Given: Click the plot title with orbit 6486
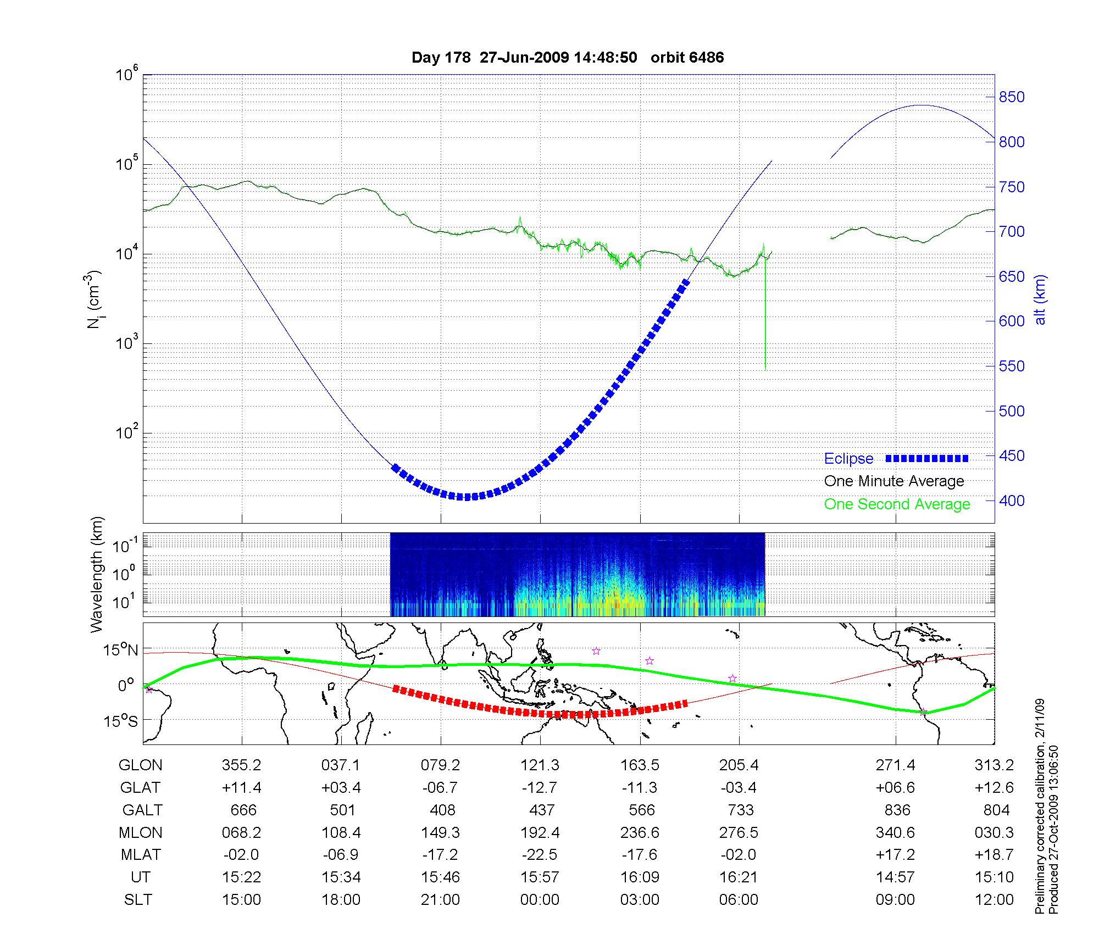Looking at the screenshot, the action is [x=568, y=58].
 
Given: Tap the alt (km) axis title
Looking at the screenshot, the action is [x=1040, y=300].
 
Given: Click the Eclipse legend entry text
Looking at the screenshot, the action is [x=848, y=459].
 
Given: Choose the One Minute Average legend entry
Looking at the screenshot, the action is [x=894, y=481].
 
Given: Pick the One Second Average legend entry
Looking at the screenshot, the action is [x=897, y=504].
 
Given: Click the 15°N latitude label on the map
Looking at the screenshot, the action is [x=120, y=650].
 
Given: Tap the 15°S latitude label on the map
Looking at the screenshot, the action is [x=120, y=720].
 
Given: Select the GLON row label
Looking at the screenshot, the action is [x=141, y=765].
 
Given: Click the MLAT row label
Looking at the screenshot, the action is [x=141, y=855].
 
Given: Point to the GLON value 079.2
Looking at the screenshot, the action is [x=441, y=765].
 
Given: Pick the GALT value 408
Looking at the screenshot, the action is [x=443, y=810].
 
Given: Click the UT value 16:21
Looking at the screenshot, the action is [x=739, y=877].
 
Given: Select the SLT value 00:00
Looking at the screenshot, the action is [x=540, y=900].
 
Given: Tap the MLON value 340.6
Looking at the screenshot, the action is [x=895, y=833].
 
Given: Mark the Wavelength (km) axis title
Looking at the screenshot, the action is [x=97, y=575].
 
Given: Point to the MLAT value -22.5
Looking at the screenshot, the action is [x=540, y=855].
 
